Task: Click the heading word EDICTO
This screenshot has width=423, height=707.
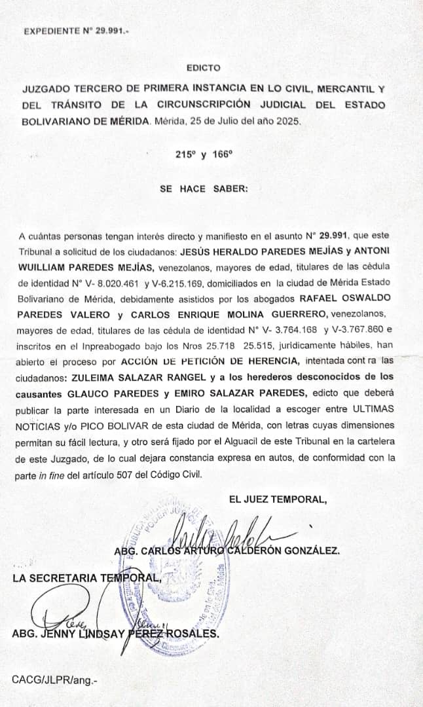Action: pyautogui.click(x=203, y=67)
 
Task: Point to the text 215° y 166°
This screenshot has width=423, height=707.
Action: pyautogui.click(x=204, y=155)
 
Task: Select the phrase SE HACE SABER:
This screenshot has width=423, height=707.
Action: pyautogui.click(x=204, y=189)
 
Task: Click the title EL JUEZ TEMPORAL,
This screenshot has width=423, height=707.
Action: pyautogui.click(x=278, y=499)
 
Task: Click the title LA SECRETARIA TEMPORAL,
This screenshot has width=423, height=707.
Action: pyautogui.click(x=86, y=577)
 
